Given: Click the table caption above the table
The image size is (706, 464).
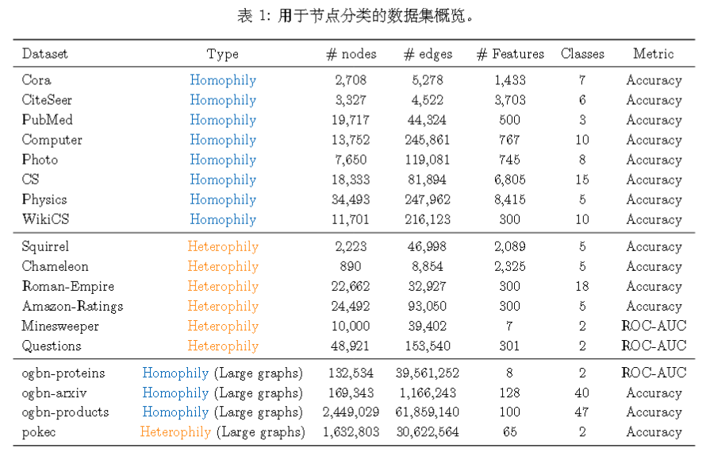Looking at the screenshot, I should [353, 16].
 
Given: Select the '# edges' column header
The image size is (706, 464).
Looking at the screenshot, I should [428, 54].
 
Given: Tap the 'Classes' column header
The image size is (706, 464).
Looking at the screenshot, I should [582, 54].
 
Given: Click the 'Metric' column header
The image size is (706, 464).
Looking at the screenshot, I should [653, 54].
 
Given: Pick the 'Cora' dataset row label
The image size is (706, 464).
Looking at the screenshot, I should [36, 80].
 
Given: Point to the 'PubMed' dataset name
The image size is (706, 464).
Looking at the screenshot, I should [47, 120].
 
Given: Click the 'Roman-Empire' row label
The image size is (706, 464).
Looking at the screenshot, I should [67, 286].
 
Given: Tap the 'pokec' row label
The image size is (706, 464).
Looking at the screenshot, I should [40, 432].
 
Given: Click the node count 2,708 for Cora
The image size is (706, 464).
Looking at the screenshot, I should [351, 80].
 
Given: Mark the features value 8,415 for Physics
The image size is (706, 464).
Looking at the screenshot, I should [509, 199].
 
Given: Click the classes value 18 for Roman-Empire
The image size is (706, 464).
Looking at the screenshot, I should [582, 286].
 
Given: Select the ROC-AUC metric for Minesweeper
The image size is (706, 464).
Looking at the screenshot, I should [654, 326].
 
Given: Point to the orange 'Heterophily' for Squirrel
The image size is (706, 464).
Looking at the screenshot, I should [223, 246].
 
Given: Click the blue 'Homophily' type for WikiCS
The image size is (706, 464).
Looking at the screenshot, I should [223, 219].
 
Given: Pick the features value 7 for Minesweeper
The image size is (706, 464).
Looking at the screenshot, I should [509, 326].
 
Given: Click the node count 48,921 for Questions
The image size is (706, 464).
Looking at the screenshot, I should [351, 346].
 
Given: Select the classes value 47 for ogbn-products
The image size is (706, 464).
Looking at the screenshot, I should [582, 412].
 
